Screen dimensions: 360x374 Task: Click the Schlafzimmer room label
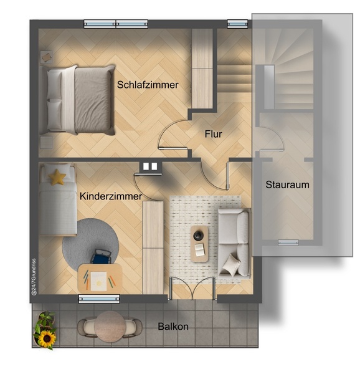tap(148, 85)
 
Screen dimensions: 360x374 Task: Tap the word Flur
tap(214, 134)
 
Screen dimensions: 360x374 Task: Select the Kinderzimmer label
tap(111, 196)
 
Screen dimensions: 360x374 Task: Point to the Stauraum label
tap(287, 185)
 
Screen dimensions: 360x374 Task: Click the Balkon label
tap(173, 326)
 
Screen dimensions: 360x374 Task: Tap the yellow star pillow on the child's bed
tap(57, 177)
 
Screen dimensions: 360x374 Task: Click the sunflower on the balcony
tap(47, 338)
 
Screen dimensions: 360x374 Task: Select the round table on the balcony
tap(110, 327)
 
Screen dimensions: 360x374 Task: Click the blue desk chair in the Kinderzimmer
tap(102, 256)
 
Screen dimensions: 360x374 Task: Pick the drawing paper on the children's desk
tap(99, 282)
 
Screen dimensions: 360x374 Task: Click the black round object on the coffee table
tap(197, 236)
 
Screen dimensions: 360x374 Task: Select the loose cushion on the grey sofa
tap(230, 265)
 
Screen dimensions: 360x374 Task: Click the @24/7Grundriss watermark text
tap(34, 277)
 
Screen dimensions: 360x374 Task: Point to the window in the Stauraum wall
tap(288, 243)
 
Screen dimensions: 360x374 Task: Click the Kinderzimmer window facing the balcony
tap(99, 299)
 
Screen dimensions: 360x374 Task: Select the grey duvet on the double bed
tap(93, 100)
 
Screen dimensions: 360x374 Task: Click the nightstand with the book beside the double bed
tap(47, 57)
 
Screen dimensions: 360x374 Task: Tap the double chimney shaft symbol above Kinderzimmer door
tap(150, 166)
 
